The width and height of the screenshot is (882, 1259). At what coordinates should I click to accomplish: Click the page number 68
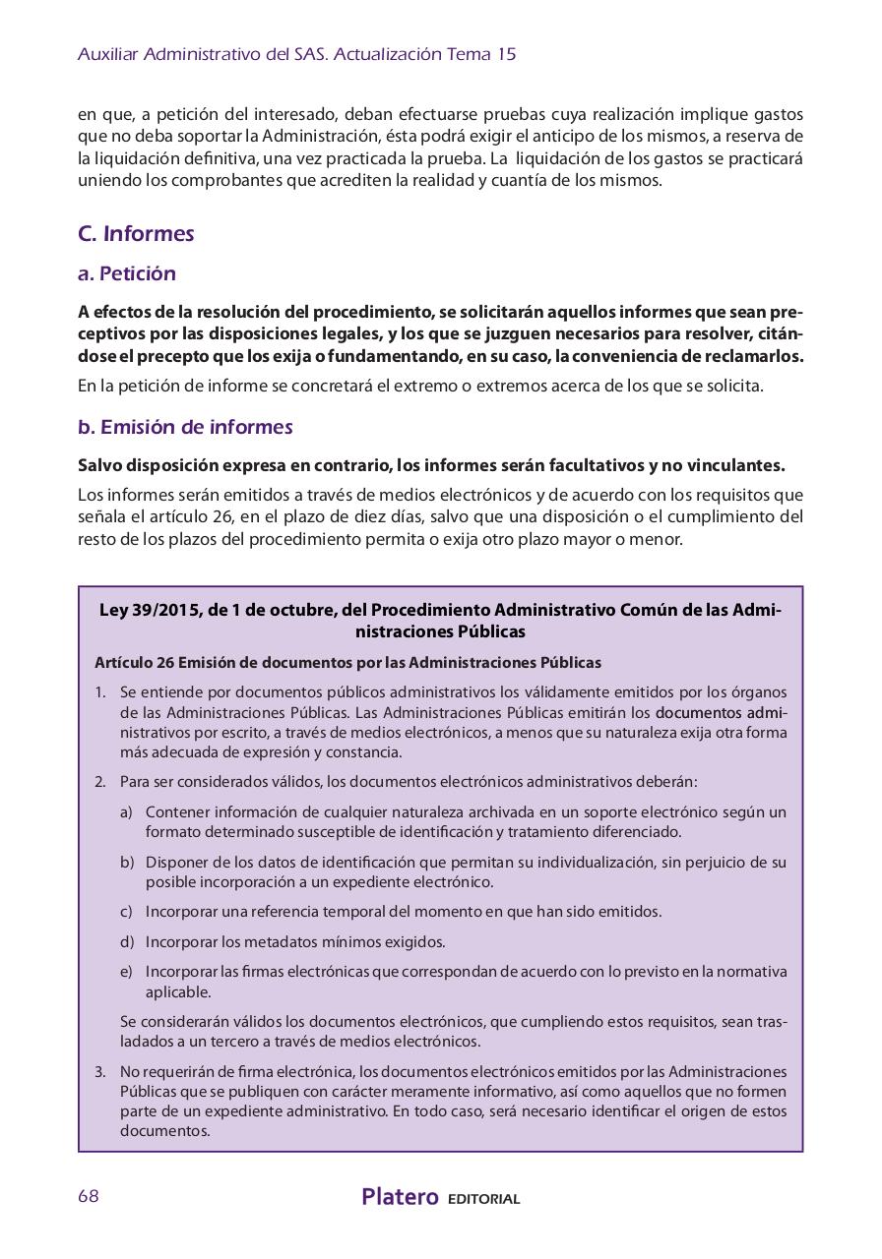[89, 1196]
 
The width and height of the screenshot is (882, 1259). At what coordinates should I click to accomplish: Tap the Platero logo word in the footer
[400, 1197]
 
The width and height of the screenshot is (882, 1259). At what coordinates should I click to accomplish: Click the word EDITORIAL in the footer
[483, 1199]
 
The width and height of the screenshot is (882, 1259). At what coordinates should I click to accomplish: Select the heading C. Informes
[136, 234]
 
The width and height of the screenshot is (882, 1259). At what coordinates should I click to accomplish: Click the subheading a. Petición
[127, 273]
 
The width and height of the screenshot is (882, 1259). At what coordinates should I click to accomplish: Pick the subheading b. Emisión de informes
[185, 427]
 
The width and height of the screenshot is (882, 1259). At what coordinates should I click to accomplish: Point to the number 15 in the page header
[506, 55]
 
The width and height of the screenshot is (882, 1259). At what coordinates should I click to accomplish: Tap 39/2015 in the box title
[164, 610]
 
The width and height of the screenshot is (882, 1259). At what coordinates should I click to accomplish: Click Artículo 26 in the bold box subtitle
[129, 663]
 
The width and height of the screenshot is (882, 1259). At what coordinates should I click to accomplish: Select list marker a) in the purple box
[126, 812]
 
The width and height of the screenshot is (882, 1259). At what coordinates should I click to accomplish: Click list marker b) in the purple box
[126, 863]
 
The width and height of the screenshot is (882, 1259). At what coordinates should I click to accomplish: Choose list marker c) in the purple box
[126, 912]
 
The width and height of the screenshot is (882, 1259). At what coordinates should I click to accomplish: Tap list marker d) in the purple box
[126, 942]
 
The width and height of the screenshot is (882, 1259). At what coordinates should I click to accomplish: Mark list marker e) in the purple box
[126, 972]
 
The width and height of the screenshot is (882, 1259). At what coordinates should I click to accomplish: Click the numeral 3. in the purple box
[100, 1071]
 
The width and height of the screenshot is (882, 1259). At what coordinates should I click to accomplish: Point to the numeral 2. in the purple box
[100, 782]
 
